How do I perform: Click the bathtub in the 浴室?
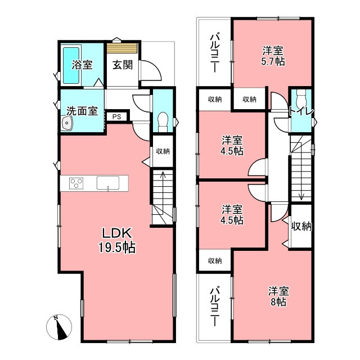point(71,65)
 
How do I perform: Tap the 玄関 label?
point(123,65)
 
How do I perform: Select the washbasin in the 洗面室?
point(67,123)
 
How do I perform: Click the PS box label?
point(116,116)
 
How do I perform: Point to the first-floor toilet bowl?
point(163,121)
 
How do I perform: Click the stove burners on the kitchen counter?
point(76,183)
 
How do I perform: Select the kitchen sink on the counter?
point(108,183)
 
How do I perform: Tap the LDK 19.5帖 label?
point(117,240)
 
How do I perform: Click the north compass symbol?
point(58,327)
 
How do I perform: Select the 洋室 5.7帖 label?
point(273,56)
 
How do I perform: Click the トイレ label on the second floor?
point(301,111)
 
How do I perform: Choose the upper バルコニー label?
point(214,52)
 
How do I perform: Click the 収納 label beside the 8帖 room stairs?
point(301,226)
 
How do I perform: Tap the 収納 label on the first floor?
point(163,151)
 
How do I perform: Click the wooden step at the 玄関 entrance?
point(123,48)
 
